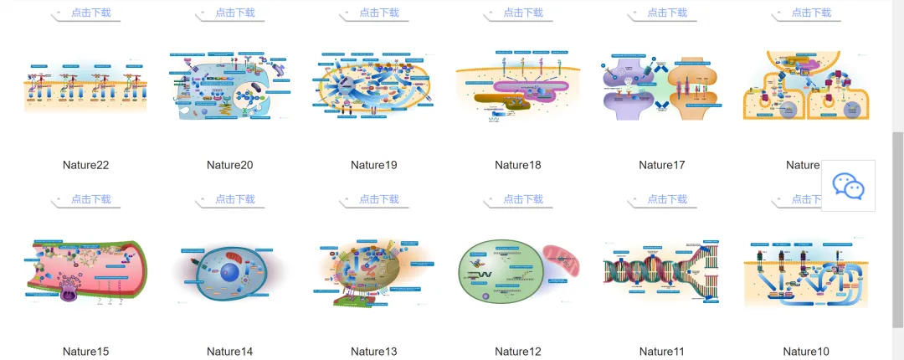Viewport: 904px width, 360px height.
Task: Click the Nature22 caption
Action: click(85, 165)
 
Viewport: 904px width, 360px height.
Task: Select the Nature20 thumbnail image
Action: click(229, 85)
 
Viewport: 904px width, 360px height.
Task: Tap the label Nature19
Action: click(373, 165)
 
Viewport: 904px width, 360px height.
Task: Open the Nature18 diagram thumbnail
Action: click(518, 87)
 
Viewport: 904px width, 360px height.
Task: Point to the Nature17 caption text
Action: click(661, 165)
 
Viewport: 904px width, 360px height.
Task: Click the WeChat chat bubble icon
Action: click(848, 187)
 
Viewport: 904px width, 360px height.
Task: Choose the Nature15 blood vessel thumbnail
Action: click(85, 273)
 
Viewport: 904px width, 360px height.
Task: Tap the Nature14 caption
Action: click(229, 352)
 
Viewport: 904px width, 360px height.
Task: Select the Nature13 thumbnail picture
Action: click(373, 271)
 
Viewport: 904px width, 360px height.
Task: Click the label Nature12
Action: click(518, 352)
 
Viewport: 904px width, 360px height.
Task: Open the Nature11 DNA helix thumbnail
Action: click(661, 272)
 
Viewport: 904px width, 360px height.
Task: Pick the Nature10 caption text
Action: click(806, 352)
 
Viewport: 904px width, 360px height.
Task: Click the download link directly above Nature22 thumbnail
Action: click(90, 13)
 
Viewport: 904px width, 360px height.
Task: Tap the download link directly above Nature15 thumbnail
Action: click(90, 199)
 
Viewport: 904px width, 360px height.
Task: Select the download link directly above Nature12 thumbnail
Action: click(523, 199)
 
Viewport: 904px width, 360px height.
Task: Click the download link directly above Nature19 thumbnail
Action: click(379, 13)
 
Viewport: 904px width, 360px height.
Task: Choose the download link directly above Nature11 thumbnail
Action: click(667, 199)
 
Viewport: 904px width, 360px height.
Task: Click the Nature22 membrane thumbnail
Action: click(85, 86)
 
